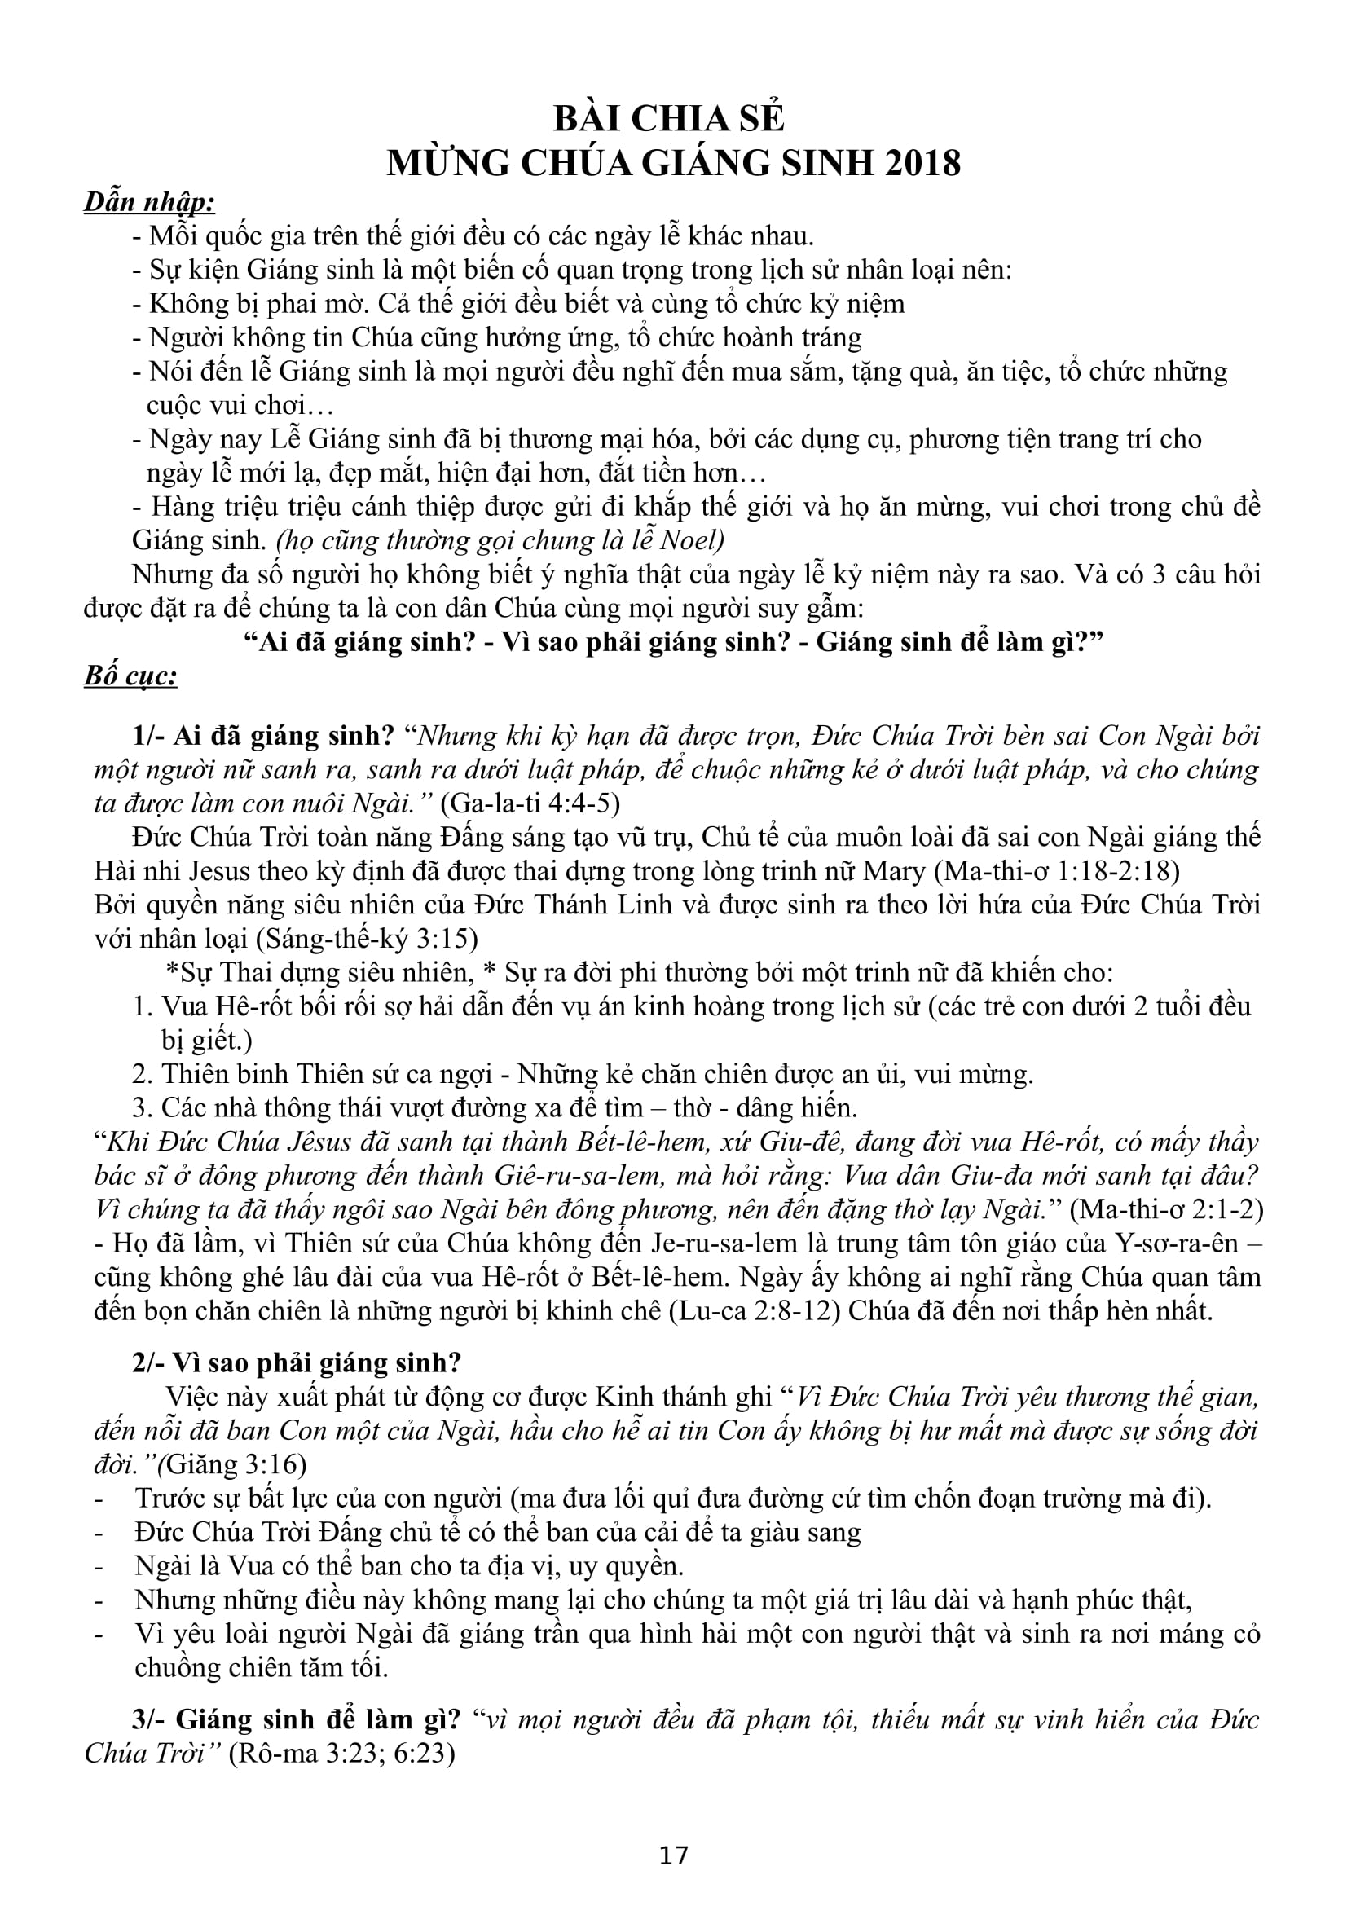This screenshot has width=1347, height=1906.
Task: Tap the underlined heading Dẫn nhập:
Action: pos(149,202)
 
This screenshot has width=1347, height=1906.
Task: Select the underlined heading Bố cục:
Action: pos(130,676)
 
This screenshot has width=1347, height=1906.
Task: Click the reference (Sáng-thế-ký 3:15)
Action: pos(367,939)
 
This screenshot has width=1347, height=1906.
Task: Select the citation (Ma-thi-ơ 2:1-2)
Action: pos(1166,1209)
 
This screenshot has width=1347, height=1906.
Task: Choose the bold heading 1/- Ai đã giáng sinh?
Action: pos(263,736)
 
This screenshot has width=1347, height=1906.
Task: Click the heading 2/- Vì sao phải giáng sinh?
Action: pos(297,1363)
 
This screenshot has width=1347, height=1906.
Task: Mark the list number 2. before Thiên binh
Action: pos(142,1074)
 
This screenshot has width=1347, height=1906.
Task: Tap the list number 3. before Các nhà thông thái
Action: pos(142,1108)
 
